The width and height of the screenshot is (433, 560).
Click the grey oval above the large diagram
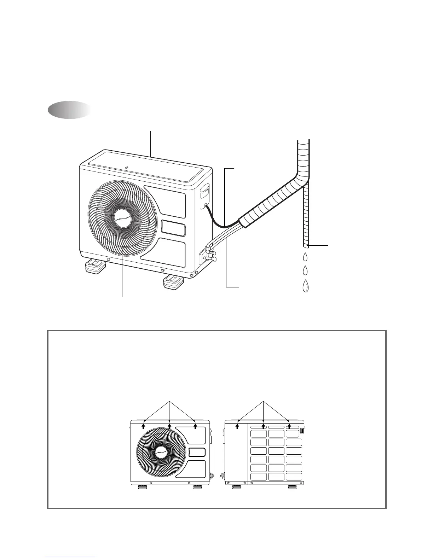[69, 110]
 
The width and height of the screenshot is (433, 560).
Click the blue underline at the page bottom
[70, 557]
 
